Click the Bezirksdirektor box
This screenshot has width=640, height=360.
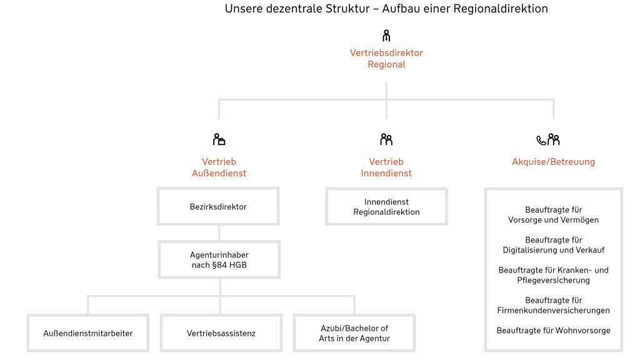click(x=218, y=207)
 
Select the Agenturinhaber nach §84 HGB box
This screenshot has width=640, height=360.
click(x=219, y=260)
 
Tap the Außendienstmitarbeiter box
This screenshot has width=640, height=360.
click(x=87, y=333)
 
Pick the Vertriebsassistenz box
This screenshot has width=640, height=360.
click(x=221, y=333)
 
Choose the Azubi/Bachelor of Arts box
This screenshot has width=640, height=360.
click(x=354, y=333)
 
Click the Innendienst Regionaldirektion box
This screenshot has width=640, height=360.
click(x=386, y=207)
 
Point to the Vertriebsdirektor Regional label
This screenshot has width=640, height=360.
click(x=386, y=59)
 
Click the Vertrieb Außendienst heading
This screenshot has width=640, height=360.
click(x=219, y=167)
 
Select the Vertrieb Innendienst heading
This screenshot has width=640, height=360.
click(x=386, y=167)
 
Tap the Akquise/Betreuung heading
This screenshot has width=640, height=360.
click(x=553, y=162)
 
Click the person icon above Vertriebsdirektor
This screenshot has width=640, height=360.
click(x=386, y=36)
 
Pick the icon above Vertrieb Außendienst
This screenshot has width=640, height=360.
click(x=219, y=139)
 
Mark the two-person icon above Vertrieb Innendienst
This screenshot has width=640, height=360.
click(x=386, y=139)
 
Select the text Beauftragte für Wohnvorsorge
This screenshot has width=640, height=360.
click(x=553, y=330)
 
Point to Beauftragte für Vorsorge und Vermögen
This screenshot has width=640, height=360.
click(x=553, y=215)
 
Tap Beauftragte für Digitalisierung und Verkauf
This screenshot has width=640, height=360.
click(x=553, y=245)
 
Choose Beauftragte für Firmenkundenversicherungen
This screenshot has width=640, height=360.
click(x=553, y=305)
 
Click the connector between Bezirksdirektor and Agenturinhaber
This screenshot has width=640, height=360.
click(x=219, y=233)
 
